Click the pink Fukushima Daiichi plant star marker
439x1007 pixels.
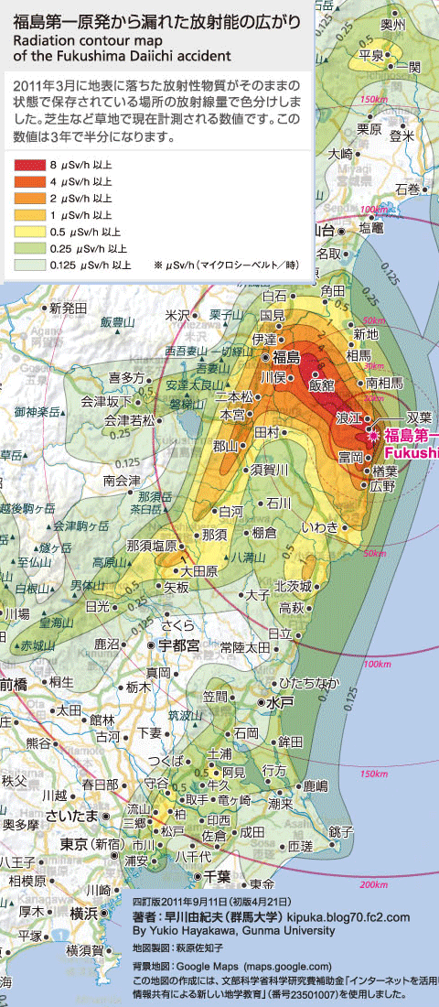pos(373,436)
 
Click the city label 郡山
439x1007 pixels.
pos(224,446)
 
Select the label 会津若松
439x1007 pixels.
pos(129,420)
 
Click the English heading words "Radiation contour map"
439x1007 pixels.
pos(81,42)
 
